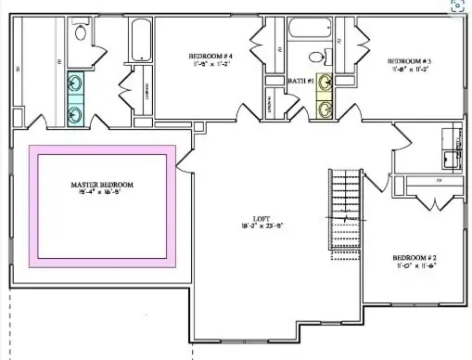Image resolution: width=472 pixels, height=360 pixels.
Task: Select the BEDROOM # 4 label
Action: pos(211,57)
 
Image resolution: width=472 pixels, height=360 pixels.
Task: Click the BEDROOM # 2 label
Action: pos(414,257)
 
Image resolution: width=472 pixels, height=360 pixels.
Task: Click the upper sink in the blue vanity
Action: pos(75,85)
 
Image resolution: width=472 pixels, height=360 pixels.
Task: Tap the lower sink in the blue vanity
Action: pos(75,113)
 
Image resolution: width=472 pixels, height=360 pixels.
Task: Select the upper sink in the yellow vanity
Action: pos(325,84)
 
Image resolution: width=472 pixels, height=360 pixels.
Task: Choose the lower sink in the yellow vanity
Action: pos(325,109)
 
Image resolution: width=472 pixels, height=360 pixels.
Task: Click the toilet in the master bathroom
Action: pos(79,34)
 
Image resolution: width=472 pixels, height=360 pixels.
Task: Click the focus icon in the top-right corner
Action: pos(457,5)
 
